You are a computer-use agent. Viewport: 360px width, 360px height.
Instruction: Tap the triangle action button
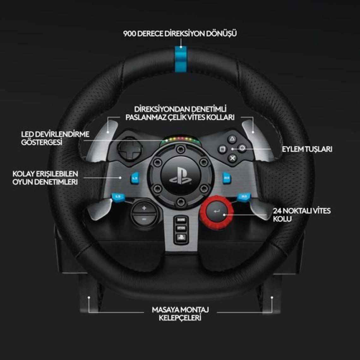232,139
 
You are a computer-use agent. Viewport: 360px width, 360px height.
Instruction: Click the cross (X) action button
232,158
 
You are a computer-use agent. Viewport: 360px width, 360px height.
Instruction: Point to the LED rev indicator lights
180,139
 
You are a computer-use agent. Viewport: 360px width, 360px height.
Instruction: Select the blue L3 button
118,197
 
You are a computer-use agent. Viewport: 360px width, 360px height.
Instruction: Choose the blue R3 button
244,197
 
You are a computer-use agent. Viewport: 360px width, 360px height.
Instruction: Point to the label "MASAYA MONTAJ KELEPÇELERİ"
180,314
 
